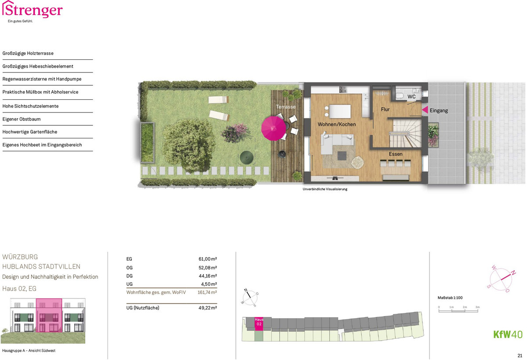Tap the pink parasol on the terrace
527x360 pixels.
[x=273, y=128]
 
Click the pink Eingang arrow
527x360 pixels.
[x=425, y=110]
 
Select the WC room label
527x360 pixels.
[x=411, y=97]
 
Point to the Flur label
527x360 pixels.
[x=385, y=109]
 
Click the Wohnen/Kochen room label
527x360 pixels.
[x=337, y=124]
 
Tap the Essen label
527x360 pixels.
[x=396, y=154]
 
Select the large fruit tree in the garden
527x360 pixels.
[x=189, y=145]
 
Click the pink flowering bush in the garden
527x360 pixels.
[x=235, y=133]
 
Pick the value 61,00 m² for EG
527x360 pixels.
[x=207, y=259]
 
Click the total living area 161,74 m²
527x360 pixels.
[x=207, y=292]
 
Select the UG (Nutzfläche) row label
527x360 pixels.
[x=143, y=308]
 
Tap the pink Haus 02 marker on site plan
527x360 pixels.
[x=259, y=324]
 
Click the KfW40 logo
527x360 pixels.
[x=508, y=335]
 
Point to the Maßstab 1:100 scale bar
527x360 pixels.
[x=458, y=311]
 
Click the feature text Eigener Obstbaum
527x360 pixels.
[x=22, y=119]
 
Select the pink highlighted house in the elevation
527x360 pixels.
[x=49, y=315]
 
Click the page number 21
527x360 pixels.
[x=520, y=356]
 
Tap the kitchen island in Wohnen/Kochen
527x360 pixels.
[x=340, y=111]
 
